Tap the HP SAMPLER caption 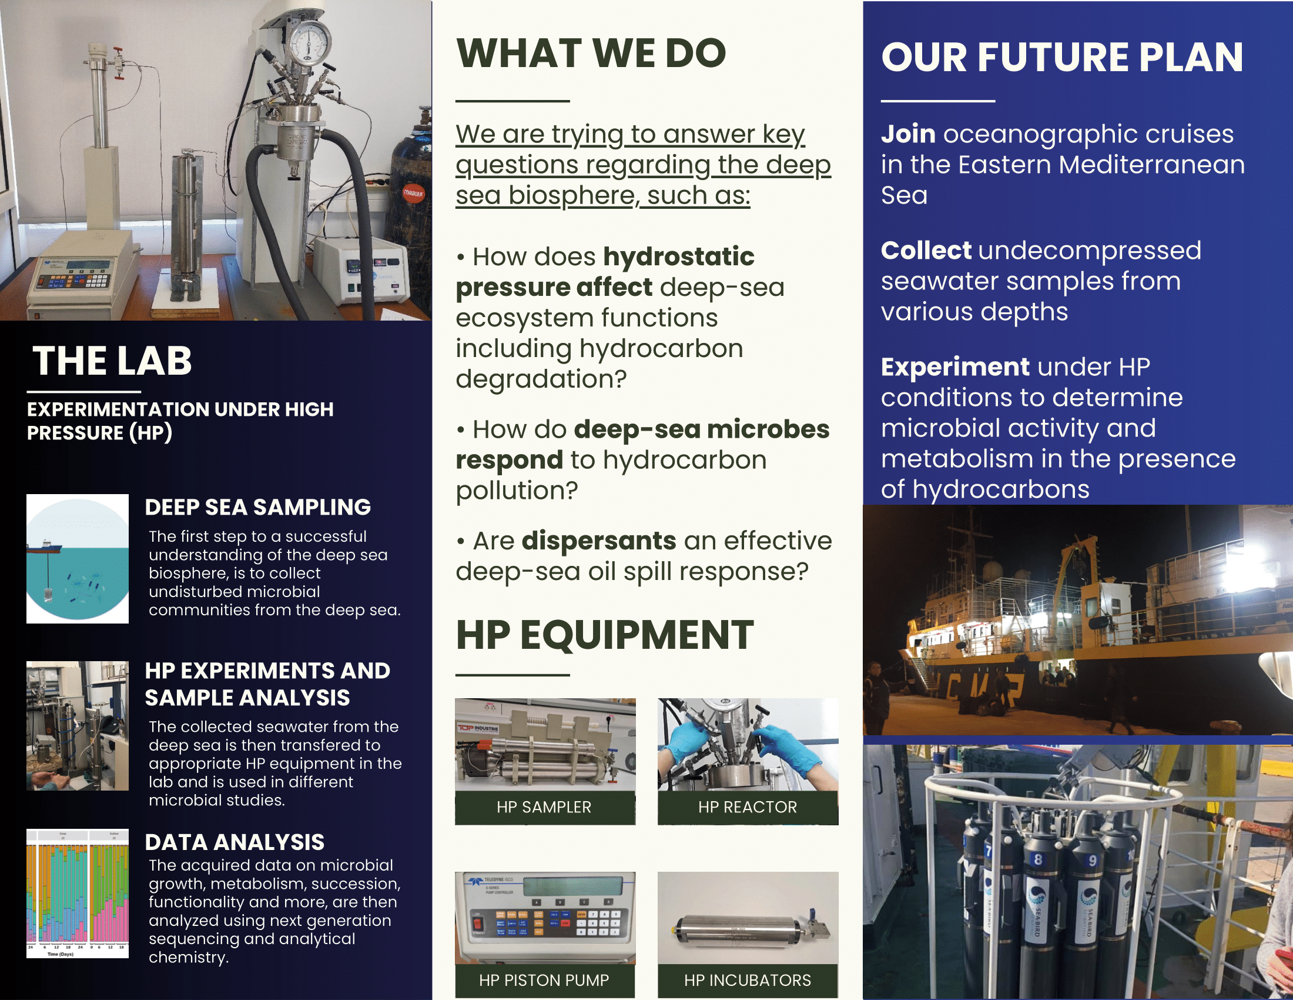(x=544, y=807)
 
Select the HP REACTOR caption (x=747, y=807)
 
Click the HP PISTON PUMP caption (x=544, y=981)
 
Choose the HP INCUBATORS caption (x=747, y=981)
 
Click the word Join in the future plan (x=908, y=135)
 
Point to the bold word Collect (x=926, y=250)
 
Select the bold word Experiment (x=955, y=367)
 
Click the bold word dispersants (x=598, y=541)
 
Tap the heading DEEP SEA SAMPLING (x=258, y=507)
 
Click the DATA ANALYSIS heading (x=235, y=842)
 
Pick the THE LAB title (x=112, y=361)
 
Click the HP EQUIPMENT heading (x=604, y=635)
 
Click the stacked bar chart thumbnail (x=78, y=894)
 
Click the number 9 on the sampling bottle (x=1093, y=861)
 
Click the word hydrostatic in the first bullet (x=678, y=257)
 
